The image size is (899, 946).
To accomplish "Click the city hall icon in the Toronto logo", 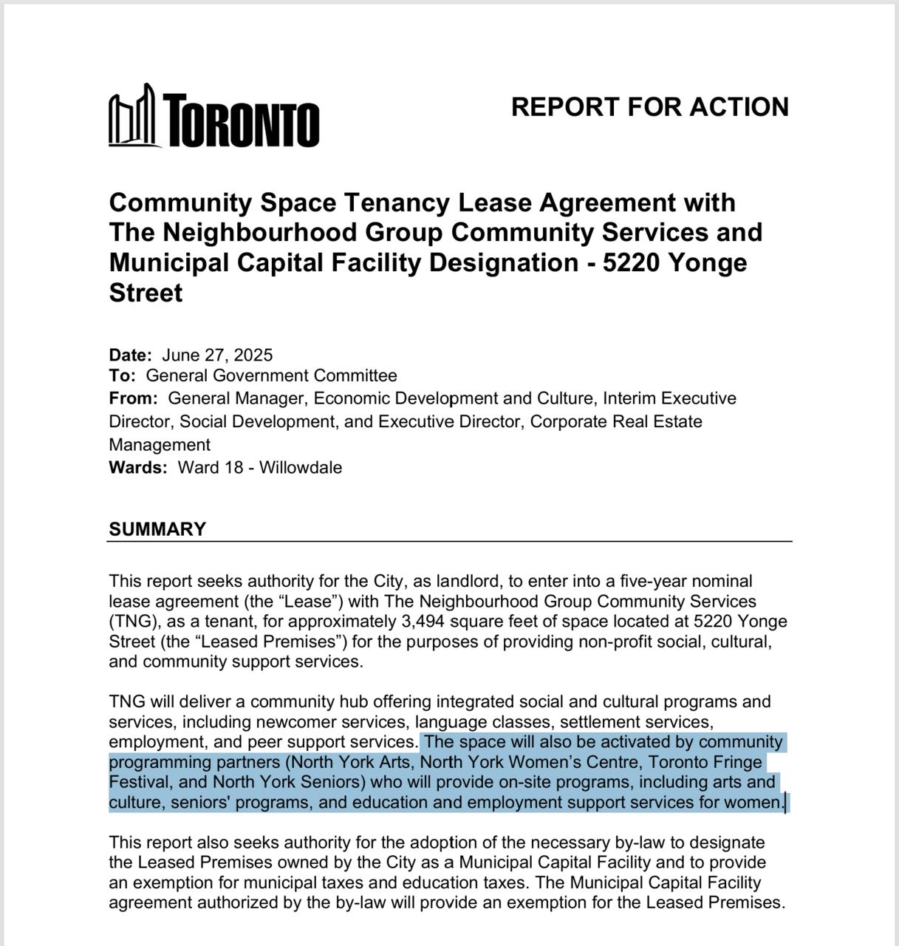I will point(133,117).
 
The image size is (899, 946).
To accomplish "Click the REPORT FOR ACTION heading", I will point(649,107).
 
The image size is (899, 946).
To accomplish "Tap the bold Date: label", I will point(130,355).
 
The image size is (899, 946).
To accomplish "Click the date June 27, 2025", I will point(217,355).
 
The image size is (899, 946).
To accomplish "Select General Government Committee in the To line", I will point(271,375).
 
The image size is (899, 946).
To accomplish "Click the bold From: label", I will point(133,398).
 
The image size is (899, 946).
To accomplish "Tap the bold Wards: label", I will point(138,468).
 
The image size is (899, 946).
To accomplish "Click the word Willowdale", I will point(301,468).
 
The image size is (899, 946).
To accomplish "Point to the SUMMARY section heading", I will point(157,529).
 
